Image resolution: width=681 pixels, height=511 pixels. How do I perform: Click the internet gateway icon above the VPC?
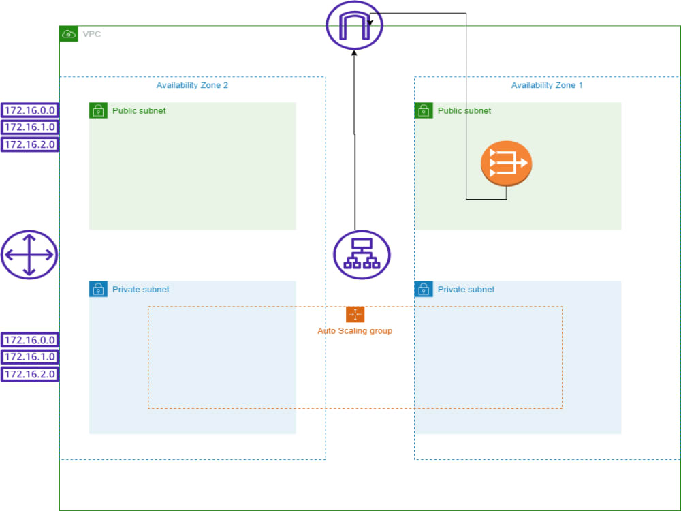click(354, 25)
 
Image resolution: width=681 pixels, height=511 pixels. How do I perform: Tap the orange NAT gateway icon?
click(506, 164)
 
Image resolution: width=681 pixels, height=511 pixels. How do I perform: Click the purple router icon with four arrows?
click(29, 255)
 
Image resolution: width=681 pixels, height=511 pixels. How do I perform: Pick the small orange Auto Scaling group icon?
click(355, 314)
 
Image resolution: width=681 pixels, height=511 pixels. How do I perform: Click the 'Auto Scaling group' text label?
click(355, 331)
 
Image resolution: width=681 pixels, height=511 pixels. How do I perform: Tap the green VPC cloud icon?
click(69, 34)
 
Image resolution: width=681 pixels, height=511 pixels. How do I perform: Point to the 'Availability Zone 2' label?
click(192, 85)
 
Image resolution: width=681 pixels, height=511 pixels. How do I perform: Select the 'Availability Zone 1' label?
click(547, 85)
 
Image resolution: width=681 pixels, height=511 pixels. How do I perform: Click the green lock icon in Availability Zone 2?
click(98, 110)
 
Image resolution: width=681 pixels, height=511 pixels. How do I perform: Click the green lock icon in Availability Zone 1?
click(424, 110)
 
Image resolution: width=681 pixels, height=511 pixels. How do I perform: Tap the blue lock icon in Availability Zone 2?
click(98, 289)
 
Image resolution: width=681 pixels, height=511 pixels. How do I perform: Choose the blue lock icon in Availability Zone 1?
click(424, 289)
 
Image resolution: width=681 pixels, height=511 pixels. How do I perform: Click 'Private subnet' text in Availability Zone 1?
click(466, 290)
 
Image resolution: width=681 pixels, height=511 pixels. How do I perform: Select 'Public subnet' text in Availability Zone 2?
click(139, 111)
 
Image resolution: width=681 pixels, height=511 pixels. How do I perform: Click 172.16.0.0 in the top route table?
click(29, 110)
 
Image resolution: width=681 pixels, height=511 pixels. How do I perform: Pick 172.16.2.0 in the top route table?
click(29, 144)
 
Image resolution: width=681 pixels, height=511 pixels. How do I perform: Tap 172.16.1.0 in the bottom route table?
click(29, 357)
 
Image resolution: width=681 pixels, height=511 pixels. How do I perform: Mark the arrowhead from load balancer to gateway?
click(354, 54)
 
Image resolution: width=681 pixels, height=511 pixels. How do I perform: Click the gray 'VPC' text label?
click(92, 34)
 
